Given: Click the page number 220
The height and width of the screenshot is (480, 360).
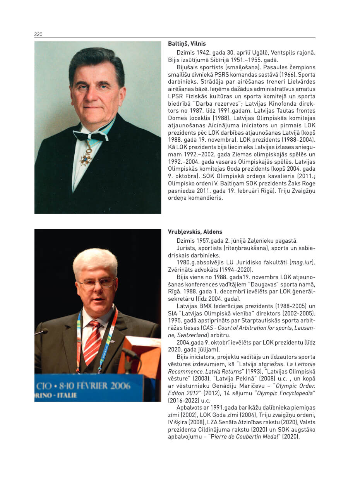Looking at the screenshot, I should point(38,34).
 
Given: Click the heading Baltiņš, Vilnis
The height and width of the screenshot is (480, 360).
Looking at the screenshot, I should point(187,44).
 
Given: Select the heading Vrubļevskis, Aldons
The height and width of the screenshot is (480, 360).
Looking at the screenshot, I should point(195,232).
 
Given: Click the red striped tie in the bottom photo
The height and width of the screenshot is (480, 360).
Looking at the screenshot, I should point(93,341).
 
